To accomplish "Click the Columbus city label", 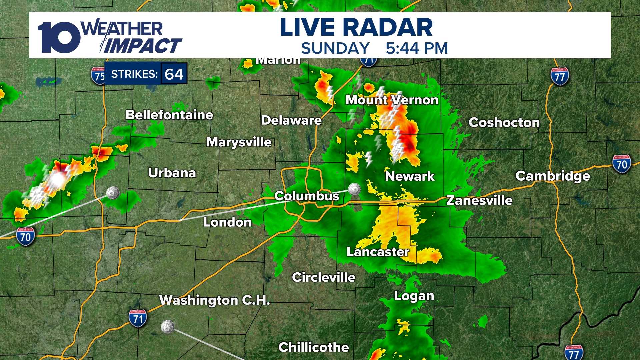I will (307, 196).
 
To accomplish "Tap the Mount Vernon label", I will (392, 100).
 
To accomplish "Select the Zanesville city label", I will (479, 200).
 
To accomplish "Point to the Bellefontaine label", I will (169, 115).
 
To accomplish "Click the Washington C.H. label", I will (214, 300).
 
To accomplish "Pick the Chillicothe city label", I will (313, 347).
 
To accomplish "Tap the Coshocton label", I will (504, 123).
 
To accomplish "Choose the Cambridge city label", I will (553, 176).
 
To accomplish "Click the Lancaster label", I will (378, 252).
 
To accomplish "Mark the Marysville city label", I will (239, 142).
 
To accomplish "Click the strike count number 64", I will (174, 74).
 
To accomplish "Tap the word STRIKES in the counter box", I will (134, 74).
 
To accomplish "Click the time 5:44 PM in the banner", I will (417, 48).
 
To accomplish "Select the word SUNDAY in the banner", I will (335, 48).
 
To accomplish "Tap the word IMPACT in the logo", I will (143, 46).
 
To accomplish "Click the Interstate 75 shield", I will (98, 76).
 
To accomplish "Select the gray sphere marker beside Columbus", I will (354, 189).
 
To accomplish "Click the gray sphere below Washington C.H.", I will (167, 327).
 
